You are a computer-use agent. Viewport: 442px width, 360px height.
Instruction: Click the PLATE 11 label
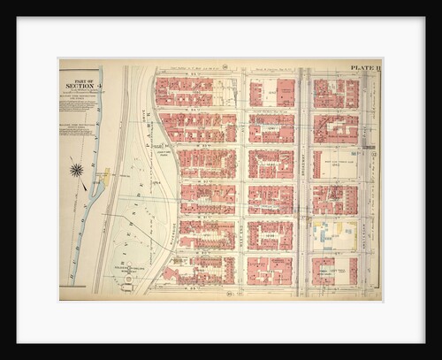pyautogui.click(x=364, y=66)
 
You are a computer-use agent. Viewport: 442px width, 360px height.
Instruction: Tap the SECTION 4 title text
pyautogui.click(x=77, y=85)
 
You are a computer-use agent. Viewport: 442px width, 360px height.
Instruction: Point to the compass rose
pyautogui.click(x=77, y=169)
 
